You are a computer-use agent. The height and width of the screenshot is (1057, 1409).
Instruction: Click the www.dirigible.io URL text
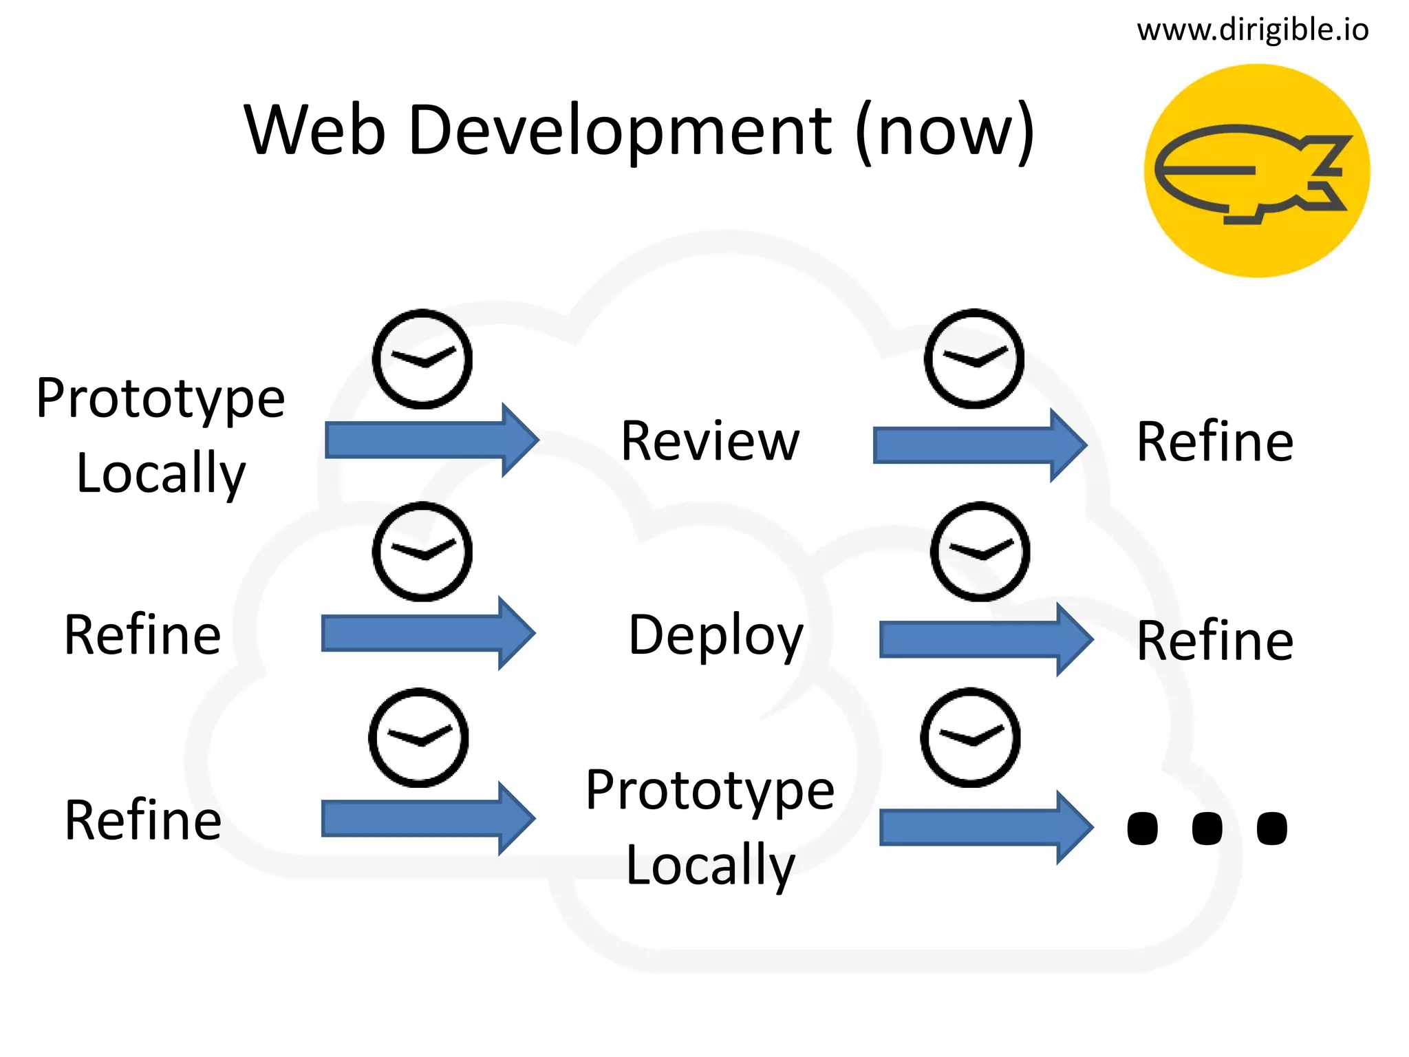[1252, 30]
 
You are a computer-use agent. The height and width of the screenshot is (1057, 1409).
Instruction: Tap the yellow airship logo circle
[1256, 171]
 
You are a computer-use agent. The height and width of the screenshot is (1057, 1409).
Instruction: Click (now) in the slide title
[945, 131]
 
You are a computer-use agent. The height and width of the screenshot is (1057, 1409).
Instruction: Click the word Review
[710, 441]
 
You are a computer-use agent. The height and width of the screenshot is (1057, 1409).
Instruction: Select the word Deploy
[716, 635]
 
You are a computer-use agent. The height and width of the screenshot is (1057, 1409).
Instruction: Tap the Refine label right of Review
[1215, 442]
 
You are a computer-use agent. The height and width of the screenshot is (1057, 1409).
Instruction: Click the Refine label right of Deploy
[1215, 641]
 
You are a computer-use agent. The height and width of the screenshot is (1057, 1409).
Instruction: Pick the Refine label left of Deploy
[142, 634]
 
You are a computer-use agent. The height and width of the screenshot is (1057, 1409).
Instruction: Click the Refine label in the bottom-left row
[142, 820]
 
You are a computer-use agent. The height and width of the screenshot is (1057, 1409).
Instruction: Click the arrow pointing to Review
[431, 440]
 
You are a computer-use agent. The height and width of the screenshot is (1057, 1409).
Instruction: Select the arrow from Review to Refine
[978, 445]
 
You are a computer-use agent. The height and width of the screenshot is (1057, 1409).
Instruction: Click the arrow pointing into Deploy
[427, 633]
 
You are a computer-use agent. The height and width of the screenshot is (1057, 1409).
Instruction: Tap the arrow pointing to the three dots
[985, 827]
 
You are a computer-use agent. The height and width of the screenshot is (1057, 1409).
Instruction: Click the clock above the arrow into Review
[422, 359]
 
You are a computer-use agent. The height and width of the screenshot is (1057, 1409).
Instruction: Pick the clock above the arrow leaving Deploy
[980, 551]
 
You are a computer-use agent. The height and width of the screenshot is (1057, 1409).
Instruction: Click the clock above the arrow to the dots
[970, 737]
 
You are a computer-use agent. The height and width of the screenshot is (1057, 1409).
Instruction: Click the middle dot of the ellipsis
[1207, 828]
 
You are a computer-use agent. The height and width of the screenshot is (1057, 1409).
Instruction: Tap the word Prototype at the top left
[160, 398]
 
